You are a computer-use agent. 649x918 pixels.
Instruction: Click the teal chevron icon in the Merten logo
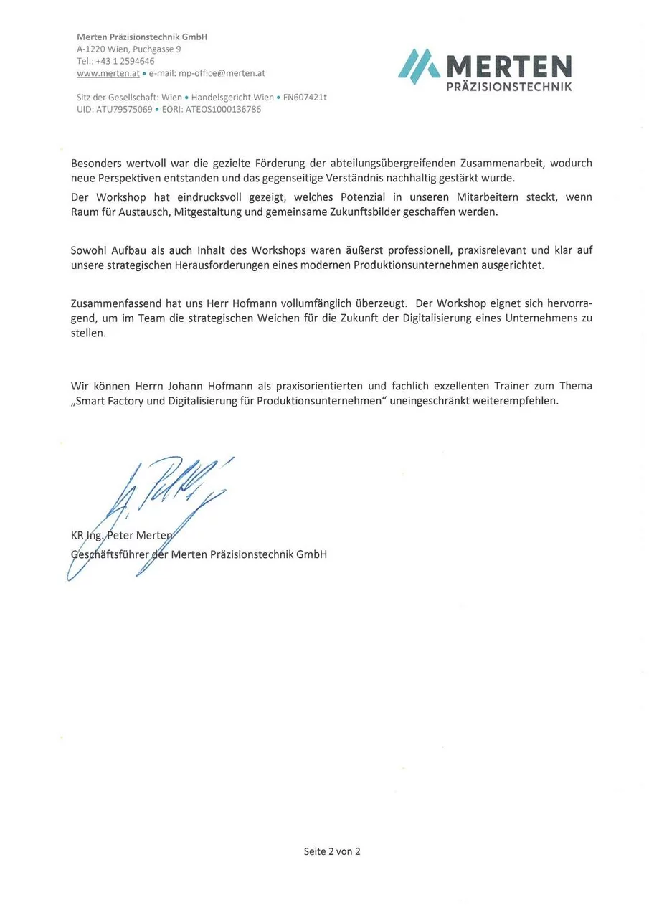click(419, 66)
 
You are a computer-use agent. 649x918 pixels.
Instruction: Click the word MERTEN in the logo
click(508, 68)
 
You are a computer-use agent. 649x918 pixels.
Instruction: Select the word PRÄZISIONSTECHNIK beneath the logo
click(509, 87)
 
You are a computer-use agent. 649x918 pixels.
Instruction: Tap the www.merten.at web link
click(108, 73)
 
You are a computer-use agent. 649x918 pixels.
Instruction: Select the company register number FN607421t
click(305, 98)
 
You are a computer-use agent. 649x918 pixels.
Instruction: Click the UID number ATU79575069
click(124, 110)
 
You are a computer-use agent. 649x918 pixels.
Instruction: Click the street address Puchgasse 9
click(158, 49)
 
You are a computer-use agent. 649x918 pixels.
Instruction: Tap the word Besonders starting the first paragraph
click(96, 164)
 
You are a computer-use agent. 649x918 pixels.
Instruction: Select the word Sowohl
click(89, 250)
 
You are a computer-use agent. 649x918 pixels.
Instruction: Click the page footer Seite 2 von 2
click(332, 852)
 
